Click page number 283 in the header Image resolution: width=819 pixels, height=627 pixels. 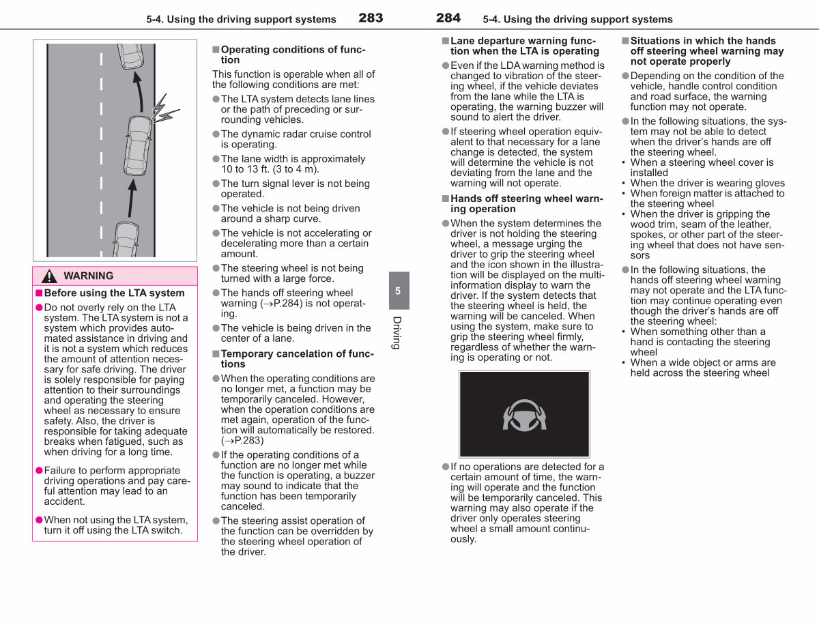click(371, 18)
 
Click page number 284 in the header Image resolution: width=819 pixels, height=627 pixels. click(448, 18)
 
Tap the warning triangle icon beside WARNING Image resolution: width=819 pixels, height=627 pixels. click(49, 276)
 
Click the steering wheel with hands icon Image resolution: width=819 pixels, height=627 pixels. click(524, 415)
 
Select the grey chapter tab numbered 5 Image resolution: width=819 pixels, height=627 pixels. click(399, 291)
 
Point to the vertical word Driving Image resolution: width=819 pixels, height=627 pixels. click(397, 333)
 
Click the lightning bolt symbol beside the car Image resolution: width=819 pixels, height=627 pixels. click(164, 109)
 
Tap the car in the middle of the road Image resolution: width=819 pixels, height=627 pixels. click(138, 145)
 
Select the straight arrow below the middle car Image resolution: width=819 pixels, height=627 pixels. click(132, 198)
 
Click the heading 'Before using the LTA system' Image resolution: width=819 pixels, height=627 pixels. click(114, 293)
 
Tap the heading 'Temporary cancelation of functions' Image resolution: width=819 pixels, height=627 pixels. click(298, 359)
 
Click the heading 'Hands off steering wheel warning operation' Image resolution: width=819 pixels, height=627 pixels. click(527, 204)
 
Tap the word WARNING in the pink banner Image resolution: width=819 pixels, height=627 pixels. click(89, 276)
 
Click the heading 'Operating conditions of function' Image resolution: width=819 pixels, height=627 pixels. click(293, 55)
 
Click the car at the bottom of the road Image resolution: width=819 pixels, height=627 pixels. click(126, 240)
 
